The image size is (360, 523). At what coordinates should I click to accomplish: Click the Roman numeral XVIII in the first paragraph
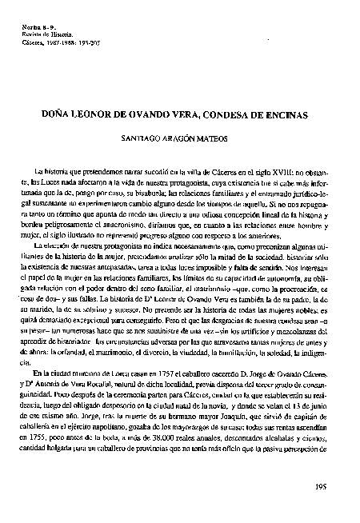coord(261,172)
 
